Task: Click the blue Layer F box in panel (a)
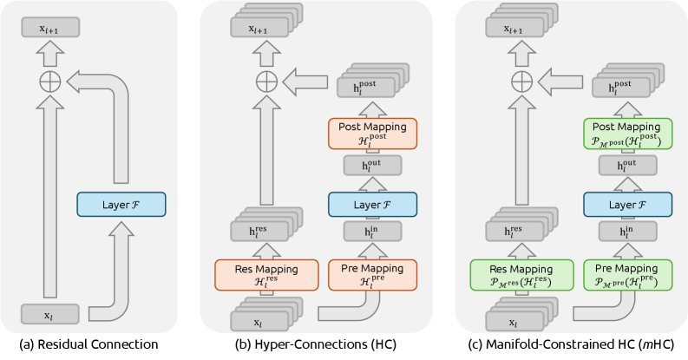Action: click(x=120, y=205)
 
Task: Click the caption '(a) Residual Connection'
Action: click(x=89, y=345)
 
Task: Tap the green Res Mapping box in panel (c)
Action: click(x=519, y=274)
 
